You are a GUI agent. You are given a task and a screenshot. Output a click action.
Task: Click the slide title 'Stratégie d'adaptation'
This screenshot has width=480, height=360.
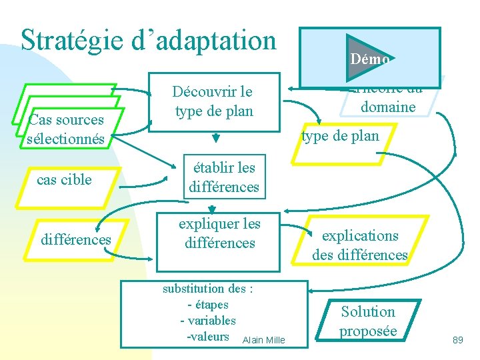coord(148,40)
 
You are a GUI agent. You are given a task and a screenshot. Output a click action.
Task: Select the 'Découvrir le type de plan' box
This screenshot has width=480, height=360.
coord(213,101)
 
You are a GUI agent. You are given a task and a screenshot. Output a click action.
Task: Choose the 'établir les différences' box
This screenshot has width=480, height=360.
coord(223,177)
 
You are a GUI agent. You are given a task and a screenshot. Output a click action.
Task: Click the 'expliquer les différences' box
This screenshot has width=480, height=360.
coord(219,234)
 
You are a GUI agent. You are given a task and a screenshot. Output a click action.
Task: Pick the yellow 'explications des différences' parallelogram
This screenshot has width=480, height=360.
coord(360,245)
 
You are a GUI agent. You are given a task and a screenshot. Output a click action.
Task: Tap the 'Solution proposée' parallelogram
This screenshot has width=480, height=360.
coord(368,321)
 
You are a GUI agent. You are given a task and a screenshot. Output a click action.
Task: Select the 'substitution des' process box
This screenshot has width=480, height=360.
coord(213,313)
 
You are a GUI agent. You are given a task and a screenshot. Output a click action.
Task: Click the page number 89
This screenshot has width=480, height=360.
coord(457,340)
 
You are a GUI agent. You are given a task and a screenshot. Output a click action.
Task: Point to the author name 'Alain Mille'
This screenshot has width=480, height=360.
coord(264,340)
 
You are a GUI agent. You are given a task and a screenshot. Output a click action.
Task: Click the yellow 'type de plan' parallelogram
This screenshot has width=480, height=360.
coord(340,137)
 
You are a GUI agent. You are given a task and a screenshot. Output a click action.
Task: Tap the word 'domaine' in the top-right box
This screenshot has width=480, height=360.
coord(387,107)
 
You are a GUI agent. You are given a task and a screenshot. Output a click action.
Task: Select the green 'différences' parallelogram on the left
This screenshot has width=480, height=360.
coord(76,239)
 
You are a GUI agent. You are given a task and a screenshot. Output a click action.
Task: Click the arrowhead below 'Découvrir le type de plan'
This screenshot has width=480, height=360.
coord(215,139)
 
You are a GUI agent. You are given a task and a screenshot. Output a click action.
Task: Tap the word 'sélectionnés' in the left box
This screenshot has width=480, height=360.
coord(66,139)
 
